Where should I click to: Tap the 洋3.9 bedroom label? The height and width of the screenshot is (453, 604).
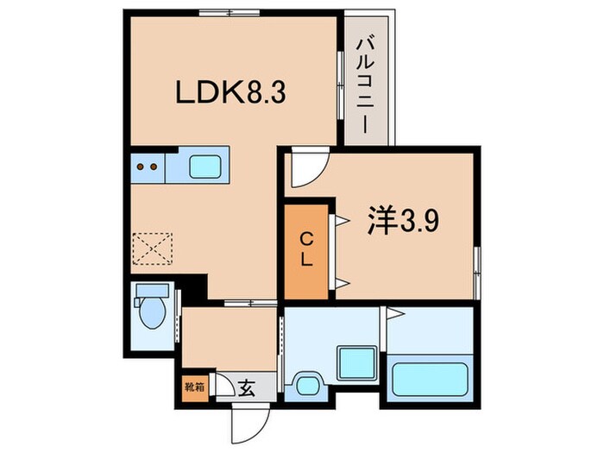pos(406,223)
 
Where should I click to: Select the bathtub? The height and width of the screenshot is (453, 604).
pos(430,377)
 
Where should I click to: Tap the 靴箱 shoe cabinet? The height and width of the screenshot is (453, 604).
pos(195,386)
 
